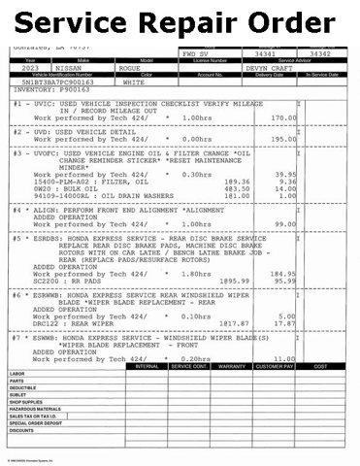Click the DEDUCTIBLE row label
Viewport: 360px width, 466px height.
(24, 416)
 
